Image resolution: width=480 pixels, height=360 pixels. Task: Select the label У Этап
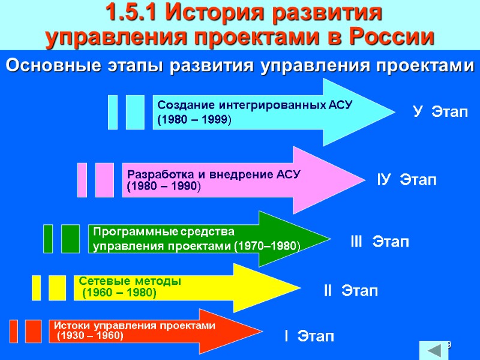tap(440, 112)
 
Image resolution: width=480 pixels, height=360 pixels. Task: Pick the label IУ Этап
tap(407, 179)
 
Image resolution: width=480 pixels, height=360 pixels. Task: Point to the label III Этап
tap(380, 242)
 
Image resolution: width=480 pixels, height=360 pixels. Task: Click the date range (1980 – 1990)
tap(164, 187)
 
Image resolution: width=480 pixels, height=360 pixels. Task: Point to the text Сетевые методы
tap(130, 281)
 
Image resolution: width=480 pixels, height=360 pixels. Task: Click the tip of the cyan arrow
tap(393, 112)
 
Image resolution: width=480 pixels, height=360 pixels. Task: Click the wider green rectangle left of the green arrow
tap(70, 239)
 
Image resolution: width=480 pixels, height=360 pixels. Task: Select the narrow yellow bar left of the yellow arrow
tap(37, 287)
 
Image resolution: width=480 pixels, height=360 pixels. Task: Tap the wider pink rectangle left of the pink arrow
tap(104, 179)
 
